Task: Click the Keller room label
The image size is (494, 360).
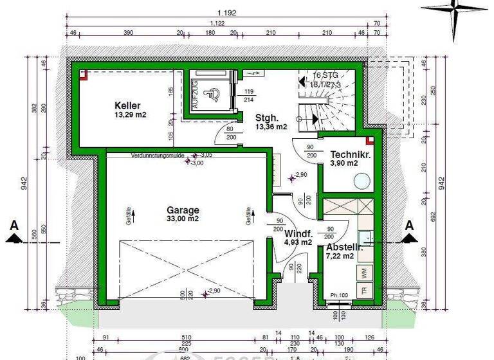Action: tap(127, 105)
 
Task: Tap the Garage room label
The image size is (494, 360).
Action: tap(183, 210)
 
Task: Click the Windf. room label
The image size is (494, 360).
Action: tap(298, 233)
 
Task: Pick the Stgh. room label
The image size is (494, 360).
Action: tap(266, 118)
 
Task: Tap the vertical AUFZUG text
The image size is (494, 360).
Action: tap(194, 95)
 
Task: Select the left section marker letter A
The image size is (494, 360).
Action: tap(13, 225)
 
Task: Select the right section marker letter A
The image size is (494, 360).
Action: tap(408, 225)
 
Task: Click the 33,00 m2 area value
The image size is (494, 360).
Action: tap(183, 219)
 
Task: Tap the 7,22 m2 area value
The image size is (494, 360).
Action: tap(340, 256)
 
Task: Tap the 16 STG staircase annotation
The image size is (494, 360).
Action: tap(325, 75)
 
